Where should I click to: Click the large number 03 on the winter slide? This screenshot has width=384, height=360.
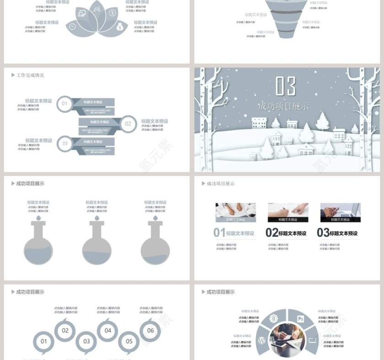(286, 86)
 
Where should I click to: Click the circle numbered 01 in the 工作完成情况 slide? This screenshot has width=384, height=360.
(64, 104)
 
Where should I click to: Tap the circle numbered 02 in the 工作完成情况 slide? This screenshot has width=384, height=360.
(128, 123)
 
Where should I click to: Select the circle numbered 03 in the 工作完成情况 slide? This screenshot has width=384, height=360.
(65, 143)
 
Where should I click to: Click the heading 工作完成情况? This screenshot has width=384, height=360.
(30, 75)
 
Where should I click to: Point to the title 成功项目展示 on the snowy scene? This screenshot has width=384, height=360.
(283, 107)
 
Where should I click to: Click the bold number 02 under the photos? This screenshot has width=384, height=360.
(272, 233)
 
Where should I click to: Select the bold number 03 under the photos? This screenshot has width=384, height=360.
(323, 233)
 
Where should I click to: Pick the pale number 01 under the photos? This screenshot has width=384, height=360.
(219, 233)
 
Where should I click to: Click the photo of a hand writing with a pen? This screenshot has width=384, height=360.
(288, 211)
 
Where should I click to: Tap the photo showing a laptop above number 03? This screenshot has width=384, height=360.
(340, 211)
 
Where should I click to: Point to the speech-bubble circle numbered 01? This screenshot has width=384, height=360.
(44, 341)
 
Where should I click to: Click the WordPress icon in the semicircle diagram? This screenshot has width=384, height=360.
(262, 340)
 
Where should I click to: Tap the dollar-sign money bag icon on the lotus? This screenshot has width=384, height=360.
(120, 27)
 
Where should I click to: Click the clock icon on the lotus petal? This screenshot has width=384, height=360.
(72, 27)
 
